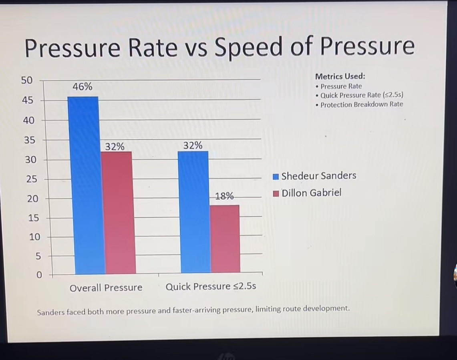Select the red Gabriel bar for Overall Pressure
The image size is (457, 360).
click(118, 212)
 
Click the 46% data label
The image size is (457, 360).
click(83, 86)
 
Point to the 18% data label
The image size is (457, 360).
click(224, 196)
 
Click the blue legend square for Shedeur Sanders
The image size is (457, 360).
click(276, 177)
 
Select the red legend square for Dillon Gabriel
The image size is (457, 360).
click(276, 194)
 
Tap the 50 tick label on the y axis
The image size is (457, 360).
click(26, 80)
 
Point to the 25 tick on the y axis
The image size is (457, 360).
click(31, 179)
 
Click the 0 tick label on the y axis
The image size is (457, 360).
click(39, 276)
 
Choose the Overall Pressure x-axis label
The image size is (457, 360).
click(106, 288)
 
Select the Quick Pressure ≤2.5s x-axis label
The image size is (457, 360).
click(211, 287)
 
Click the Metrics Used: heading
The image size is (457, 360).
click(340, 76)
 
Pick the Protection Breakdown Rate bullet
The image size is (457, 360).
click(362, 105)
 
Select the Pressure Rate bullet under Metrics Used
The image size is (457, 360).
click(341, 86)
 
